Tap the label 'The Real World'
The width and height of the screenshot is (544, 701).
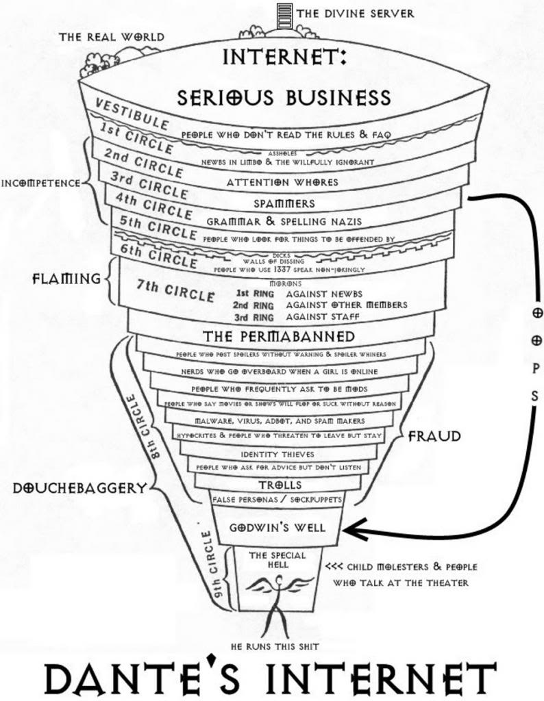tap(111, 36)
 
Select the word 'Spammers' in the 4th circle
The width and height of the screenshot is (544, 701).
tap(284, 203)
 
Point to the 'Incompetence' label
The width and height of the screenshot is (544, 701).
tap(41, 183)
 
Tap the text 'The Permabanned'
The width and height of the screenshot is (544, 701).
tap(280, 336)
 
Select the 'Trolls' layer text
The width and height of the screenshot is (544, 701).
tap(280, 485)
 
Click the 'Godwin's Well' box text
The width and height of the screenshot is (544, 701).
tap(277, 528)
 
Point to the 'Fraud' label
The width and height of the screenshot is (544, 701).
tap(434, 436)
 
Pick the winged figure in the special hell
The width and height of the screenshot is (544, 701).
tap(277, 589)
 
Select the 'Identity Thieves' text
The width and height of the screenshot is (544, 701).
tap(277, 454)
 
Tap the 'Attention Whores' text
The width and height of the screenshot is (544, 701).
tap(282, 183)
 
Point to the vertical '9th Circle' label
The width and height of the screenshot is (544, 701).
tap(214, 565)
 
